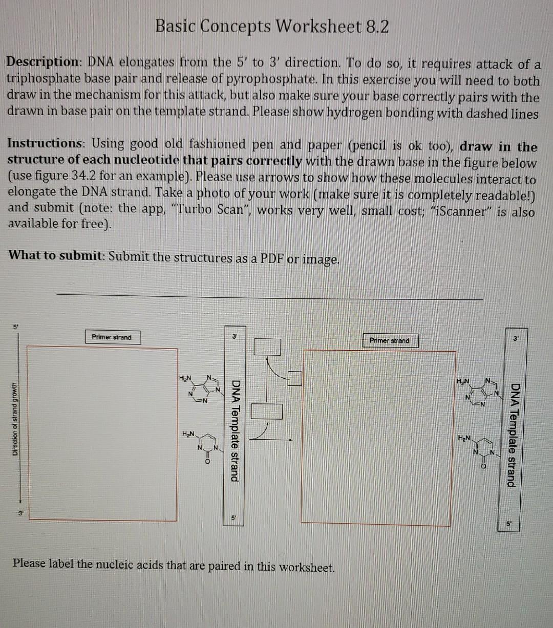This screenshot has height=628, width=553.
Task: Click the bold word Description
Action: (x=41, y=62)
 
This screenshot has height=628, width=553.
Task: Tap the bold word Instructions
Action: (x=41, y=143)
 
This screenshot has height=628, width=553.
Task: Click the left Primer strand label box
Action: (x=112, y=337)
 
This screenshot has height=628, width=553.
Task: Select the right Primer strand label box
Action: (x=389, y=340)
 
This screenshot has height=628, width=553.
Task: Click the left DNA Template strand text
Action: (x=235, y=430)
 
